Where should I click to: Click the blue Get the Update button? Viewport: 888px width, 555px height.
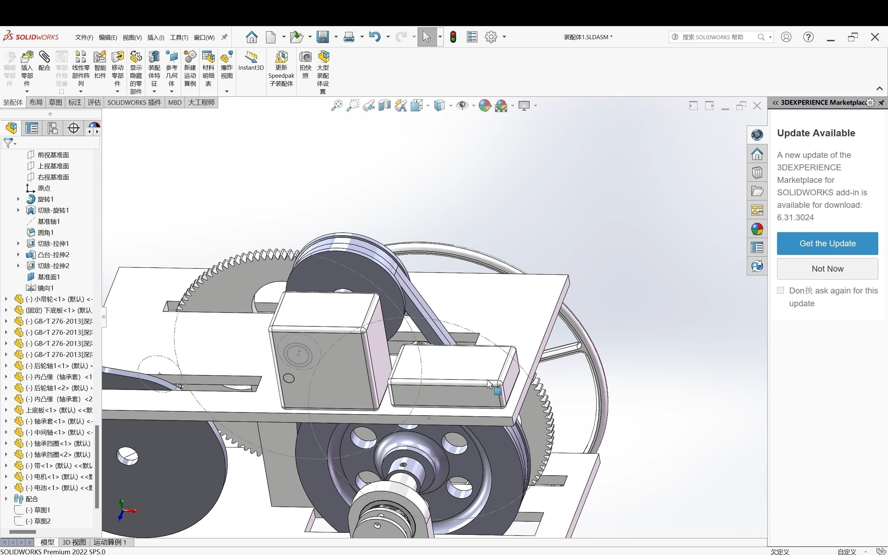[827, 244]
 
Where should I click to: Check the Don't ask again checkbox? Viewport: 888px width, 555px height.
[780, 290]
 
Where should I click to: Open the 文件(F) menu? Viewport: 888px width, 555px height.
[84, 37]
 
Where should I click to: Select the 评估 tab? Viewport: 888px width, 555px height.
[94, 102]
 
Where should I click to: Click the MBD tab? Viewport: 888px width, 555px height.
[175, 102]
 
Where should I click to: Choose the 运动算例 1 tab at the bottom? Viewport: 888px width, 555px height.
[110, 542]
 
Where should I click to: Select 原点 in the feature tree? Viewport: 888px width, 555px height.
[44, 188]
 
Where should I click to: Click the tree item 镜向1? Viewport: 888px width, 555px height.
[45, 288]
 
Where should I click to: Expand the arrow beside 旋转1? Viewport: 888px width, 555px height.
[18, 199]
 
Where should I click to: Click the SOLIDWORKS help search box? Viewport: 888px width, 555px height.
[716, 37]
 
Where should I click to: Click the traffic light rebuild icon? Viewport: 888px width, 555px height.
[453, 37]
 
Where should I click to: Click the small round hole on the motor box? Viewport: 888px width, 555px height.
[289, 378]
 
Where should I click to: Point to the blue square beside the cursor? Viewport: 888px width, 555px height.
[497, 391]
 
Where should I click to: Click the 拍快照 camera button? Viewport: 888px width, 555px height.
[305, 64]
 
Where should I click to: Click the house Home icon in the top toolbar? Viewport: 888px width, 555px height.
[251, 37]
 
